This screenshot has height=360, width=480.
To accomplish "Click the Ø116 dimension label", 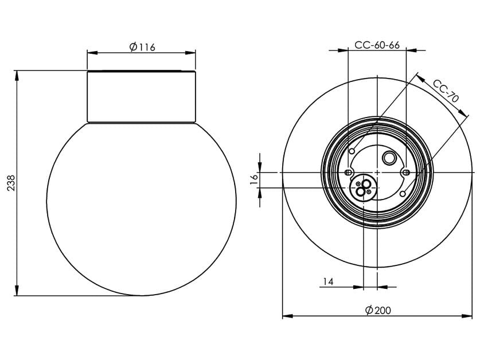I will (x=142, y=47).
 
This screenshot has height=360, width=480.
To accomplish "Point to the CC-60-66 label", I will (x=377, y=45).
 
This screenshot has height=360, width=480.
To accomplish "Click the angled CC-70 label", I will (x=446, y=91).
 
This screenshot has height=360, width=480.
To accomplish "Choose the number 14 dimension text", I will (x=328, y=281).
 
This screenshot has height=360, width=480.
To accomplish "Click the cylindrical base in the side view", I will (x=141, y=96).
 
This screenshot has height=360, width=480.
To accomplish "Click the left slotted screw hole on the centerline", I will (x=348, y=172).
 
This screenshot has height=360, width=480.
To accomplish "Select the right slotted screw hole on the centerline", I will (x=405, y=172).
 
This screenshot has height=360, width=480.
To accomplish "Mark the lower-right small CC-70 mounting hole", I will (x=403, y=194).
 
